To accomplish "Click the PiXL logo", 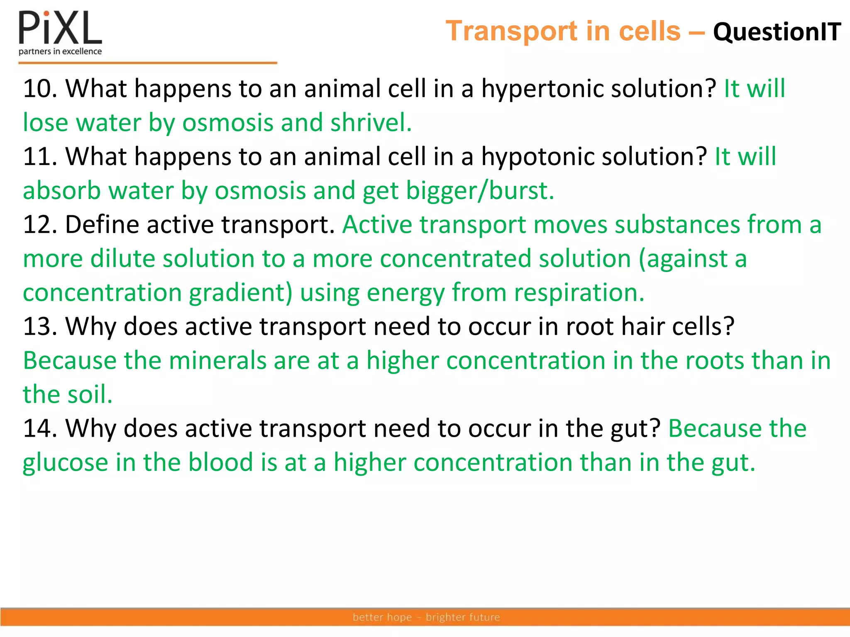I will [x=60, y=32].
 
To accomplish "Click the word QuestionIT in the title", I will [x=777, y=32].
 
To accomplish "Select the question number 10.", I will [x=40, y=89].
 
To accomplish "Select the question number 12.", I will [x=40, y=225].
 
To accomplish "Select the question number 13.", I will [x=40, y=326].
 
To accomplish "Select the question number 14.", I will [x=40, y=428].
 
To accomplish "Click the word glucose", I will [x=65, y=463].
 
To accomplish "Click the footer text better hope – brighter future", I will [x=426, y=617].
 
